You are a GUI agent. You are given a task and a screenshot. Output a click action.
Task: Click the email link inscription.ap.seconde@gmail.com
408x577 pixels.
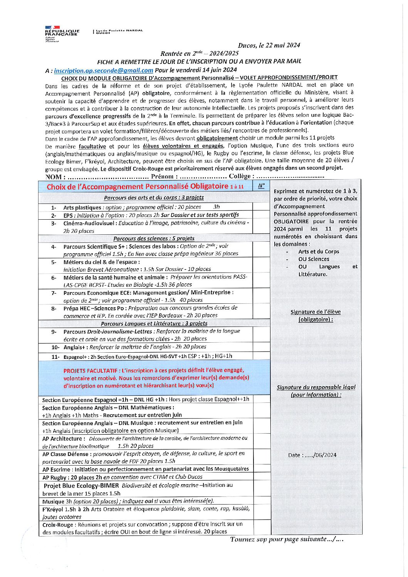104,71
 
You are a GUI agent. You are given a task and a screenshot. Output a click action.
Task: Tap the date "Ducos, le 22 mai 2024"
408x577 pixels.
269,45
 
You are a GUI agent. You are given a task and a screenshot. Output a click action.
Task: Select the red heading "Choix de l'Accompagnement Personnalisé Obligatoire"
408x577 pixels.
137,187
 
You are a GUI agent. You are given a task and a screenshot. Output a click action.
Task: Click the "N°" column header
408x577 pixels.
261,186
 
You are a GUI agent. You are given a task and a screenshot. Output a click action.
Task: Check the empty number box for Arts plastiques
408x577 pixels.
261,207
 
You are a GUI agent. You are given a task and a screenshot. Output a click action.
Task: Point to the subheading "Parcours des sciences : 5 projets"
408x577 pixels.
154,238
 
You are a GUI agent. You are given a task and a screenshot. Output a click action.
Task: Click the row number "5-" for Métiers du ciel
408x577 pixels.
54,262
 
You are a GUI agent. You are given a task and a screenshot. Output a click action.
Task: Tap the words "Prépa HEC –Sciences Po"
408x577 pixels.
95,308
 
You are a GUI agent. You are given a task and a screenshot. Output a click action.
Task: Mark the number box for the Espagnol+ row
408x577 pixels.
261,356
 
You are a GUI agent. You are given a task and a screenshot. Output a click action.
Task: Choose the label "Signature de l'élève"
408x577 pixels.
316,312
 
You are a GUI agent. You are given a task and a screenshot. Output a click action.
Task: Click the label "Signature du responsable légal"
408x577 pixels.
316,387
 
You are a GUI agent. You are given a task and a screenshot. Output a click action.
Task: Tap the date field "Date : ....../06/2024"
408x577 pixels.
312,455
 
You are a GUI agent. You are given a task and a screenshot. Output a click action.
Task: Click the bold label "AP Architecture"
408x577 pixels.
62,439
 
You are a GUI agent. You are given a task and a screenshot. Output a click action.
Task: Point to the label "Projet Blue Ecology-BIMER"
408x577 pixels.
81,486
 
